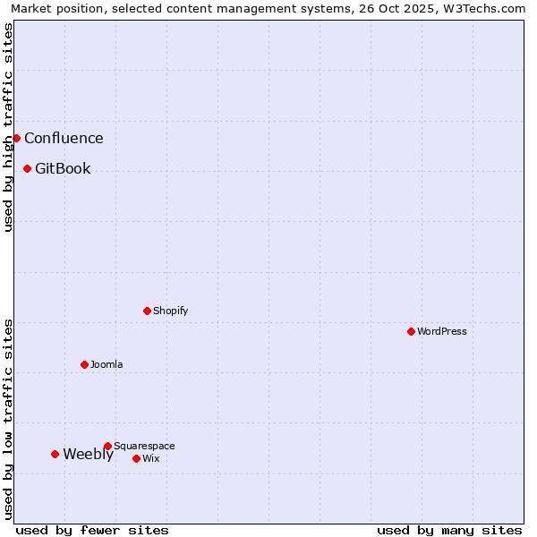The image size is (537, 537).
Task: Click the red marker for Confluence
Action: [16, 138]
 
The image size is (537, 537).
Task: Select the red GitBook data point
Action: [27, 168]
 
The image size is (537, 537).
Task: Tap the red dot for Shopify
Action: [147, 311]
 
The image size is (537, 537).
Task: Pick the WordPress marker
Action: [411, 331]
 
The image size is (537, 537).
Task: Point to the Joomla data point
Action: [84, 364]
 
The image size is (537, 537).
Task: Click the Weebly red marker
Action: [55, 454]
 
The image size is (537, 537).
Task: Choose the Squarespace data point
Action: [107, 446]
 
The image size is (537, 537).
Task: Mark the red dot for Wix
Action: [136, 458]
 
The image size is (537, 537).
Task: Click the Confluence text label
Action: [64, 138]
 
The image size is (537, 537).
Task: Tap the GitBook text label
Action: [63, 168]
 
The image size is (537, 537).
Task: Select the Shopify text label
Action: [170, 311]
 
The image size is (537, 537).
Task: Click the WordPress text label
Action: [442, 331]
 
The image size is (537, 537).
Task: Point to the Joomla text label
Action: [107, 364]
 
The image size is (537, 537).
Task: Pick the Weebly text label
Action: [88, 454]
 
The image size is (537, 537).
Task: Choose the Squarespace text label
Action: [144, 446]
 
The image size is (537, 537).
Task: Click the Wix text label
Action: [150, 458]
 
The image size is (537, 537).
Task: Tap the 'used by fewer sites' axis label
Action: [92, 530]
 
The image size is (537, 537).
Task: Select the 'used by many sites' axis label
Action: [449, 530]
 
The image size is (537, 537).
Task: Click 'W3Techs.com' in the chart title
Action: [480, 9]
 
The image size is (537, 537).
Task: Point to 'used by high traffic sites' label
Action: [9, 127]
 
